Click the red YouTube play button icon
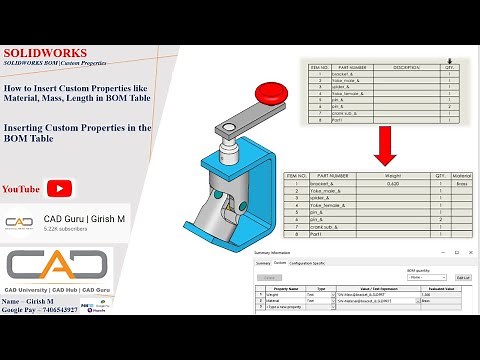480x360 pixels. coord(61,188)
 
